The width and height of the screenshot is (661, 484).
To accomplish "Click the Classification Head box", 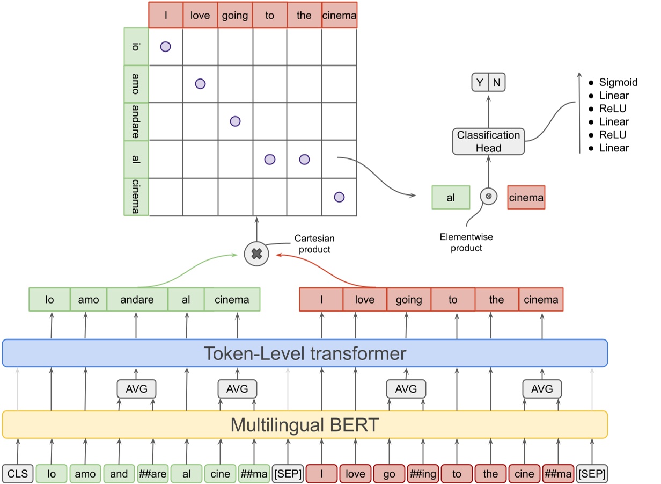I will click(x=488, y=142).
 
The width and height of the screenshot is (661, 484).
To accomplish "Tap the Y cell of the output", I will click(x=480, y=83).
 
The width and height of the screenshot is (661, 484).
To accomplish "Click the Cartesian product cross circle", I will click(x=256, y=254).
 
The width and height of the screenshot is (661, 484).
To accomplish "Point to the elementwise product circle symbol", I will click(x=488, y=197).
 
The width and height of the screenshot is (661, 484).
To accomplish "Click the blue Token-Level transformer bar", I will click(x=305, y=353).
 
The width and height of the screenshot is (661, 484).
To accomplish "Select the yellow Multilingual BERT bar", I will click(x=305, y=425).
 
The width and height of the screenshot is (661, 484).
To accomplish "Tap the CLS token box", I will click(x=18, y=474).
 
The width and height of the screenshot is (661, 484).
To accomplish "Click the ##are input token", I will click(x=152, y=474).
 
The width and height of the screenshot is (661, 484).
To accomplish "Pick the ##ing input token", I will click(x=423, y=474).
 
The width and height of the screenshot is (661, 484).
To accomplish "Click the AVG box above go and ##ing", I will click(x=406, y=389).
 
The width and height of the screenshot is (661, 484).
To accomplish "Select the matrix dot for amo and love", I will click(x=200, y=83).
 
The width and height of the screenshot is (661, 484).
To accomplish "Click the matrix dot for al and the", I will click(x=304, y=159).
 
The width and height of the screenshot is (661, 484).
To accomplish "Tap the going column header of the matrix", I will click(x=235, y=16).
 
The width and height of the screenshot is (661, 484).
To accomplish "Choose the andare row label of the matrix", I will click(x=135, y=121).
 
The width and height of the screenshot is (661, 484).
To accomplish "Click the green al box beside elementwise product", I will click(x=451, y=197).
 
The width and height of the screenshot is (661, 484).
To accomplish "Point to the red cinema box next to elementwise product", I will click(x=526, y=197).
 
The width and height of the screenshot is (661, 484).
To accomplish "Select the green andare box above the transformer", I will click(x=137, y=300).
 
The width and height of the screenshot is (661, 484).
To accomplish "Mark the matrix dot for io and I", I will click(x=165, y=47).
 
